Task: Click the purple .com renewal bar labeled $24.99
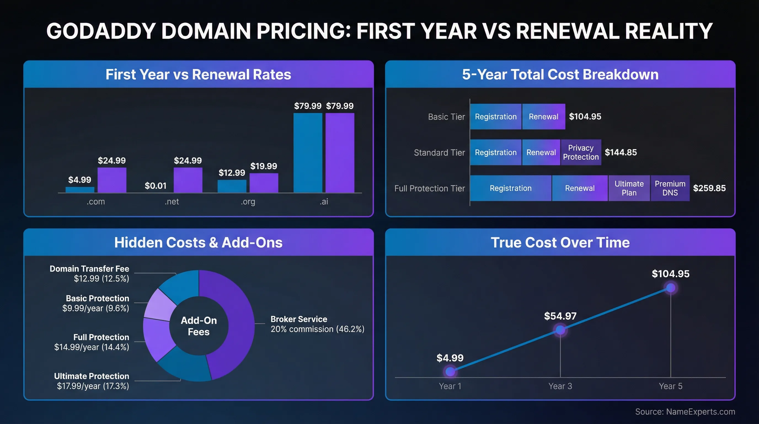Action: pos(112,180)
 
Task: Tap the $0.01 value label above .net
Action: pos(155,186)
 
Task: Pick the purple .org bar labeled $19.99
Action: pos(264,183)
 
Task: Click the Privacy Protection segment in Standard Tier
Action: pos(581,152)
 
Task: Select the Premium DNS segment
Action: pos(670,188)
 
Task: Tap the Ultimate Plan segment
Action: pos(629,188)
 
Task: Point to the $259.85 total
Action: pos(709,188)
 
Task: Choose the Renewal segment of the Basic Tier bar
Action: pos(543,117)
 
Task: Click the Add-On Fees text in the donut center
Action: pos(199,326)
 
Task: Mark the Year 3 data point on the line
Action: pos(560,330)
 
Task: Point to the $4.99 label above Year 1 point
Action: pos(450,358)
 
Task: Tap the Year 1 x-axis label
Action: pos(450,386)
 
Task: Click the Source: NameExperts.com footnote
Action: pos(685,412)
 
